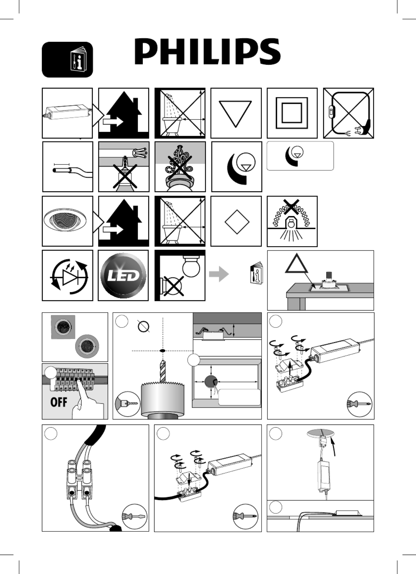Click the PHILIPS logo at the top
tap(207, 52)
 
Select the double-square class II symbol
tap(292, 113)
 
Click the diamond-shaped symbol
tap(237, 222)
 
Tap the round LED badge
tap(123, 275)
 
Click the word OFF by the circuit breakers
tap(59, 402)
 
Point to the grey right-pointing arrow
tap(219, 274)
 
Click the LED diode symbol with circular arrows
tap(69, 277)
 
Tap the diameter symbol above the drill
tap(144, 326)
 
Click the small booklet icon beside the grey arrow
tap(257, 273)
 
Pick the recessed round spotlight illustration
tap(65, 220)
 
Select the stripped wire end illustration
tap(73, 172)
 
